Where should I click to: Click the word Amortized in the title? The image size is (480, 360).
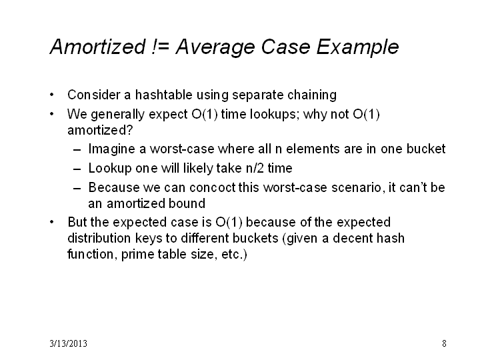pyautogui.click(x=97, y=47)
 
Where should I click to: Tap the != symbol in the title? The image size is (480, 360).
pyautogui.click(x=161, y=47)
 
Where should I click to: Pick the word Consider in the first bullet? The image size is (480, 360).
pyautogui.click(x=94, y=95)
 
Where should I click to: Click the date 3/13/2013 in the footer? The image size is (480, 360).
pyautogui.click(x=68, y=343)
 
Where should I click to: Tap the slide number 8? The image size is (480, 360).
pyautogui.click(x=444, y=343)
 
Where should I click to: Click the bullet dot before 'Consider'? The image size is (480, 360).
pyautogui.click(x=52, y=95)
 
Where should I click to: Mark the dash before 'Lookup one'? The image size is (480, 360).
pyautogui.click(x=77, y=169)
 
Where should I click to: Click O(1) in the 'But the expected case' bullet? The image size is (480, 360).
pyautogui.click(x=229, y=223)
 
